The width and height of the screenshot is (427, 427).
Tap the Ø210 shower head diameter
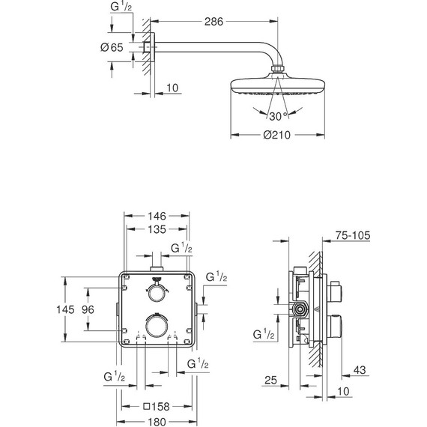click(278, 135)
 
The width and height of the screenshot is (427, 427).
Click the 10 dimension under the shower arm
click(172, 88)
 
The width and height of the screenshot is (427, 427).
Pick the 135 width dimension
click(156, 229)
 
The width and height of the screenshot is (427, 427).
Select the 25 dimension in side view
click(272, 380)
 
